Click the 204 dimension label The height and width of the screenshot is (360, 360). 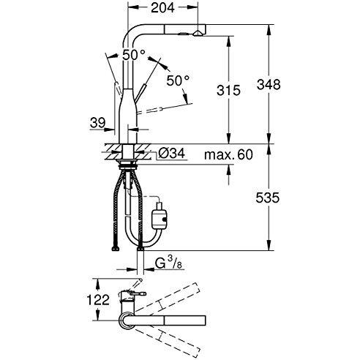(x=162, y=7)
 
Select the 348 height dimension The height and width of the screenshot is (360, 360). (x=269, y=85)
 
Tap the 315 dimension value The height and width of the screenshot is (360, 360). (x=228, y=91)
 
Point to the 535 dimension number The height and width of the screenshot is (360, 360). (x=268, y=198)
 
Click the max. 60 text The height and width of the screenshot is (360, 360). (x=228, y=154)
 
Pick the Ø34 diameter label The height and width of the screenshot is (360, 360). (x=172, y=153)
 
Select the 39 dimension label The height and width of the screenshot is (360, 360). (x=97, y=123)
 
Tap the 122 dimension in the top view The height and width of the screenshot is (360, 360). (x=98, y=300)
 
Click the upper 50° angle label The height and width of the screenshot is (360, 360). (x=134, y=55)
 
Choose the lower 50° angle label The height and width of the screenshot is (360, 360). (x=178, y=80)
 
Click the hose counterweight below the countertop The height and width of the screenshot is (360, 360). (x=160, y=214)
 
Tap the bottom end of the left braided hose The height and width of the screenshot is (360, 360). (x=115, y=249)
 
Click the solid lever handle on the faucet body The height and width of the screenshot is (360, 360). (x=141, y=93)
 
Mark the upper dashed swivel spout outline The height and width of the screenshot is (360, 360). (x=168, y=298)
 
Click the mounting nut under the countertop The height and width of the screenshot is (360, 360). (x=127, y=165)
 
